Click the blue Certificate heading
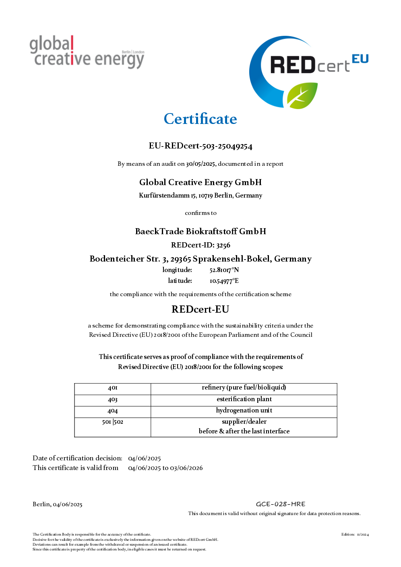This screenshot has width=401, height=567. pyautogui.click(x=200, y=119)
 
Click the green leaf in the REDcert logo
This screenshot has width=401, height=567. pyautogui.click(x=302, y=95)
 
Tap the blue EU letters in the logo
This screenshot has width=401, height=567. pyautogui.click(x=360, y=59)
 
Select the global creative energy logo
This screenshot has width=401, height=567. pyautogui.click(x=87, y=52)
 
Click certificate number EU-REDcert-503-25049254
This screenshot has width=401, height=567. pyautogui.click(x=200, y=146)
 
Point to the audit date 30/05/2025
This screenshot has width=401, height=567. pyautogui.click(x=201, y=164)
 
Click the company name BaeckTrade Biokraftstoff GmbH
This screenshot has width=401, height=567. pyautogui.click(x=200, y=231)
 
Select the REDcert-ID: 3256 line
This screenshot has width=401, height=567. pyautogui.click(x=200, y=245)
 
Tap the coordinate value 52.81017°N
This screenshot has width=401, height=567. pyautogui.click(x=224, y=270)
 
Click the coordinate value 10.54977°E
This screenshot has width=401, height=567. pyautogui.click(x=224, y=281)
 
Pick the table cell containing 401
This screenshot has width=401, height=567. pyautogui.click(x=113, y=388)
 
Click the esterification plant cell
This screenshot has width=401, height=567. pyautogui.click(x=244, y=399)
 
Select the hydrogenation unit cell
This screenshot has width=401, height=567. pyautogui.click(x=244, y=410)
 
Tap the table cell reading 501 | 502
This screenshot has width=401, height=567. pyautogui.click(x=113, y=422)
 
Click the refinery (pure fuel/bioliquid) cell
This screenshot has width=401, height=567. pyautogui.click(x=244, y=388)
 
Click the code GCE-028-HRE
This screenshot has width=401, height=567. pyautogui.click(x=281, y=504)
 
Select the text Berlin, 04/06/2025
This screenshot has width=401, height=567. pyautogui.click(x=58, y=505)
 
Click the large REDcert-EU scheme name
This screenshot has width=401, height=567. pyautogui.click(x=200, y=309)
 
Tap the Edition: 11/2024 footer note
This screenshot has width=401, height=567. pyautogui.click(x=355, y=534)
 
